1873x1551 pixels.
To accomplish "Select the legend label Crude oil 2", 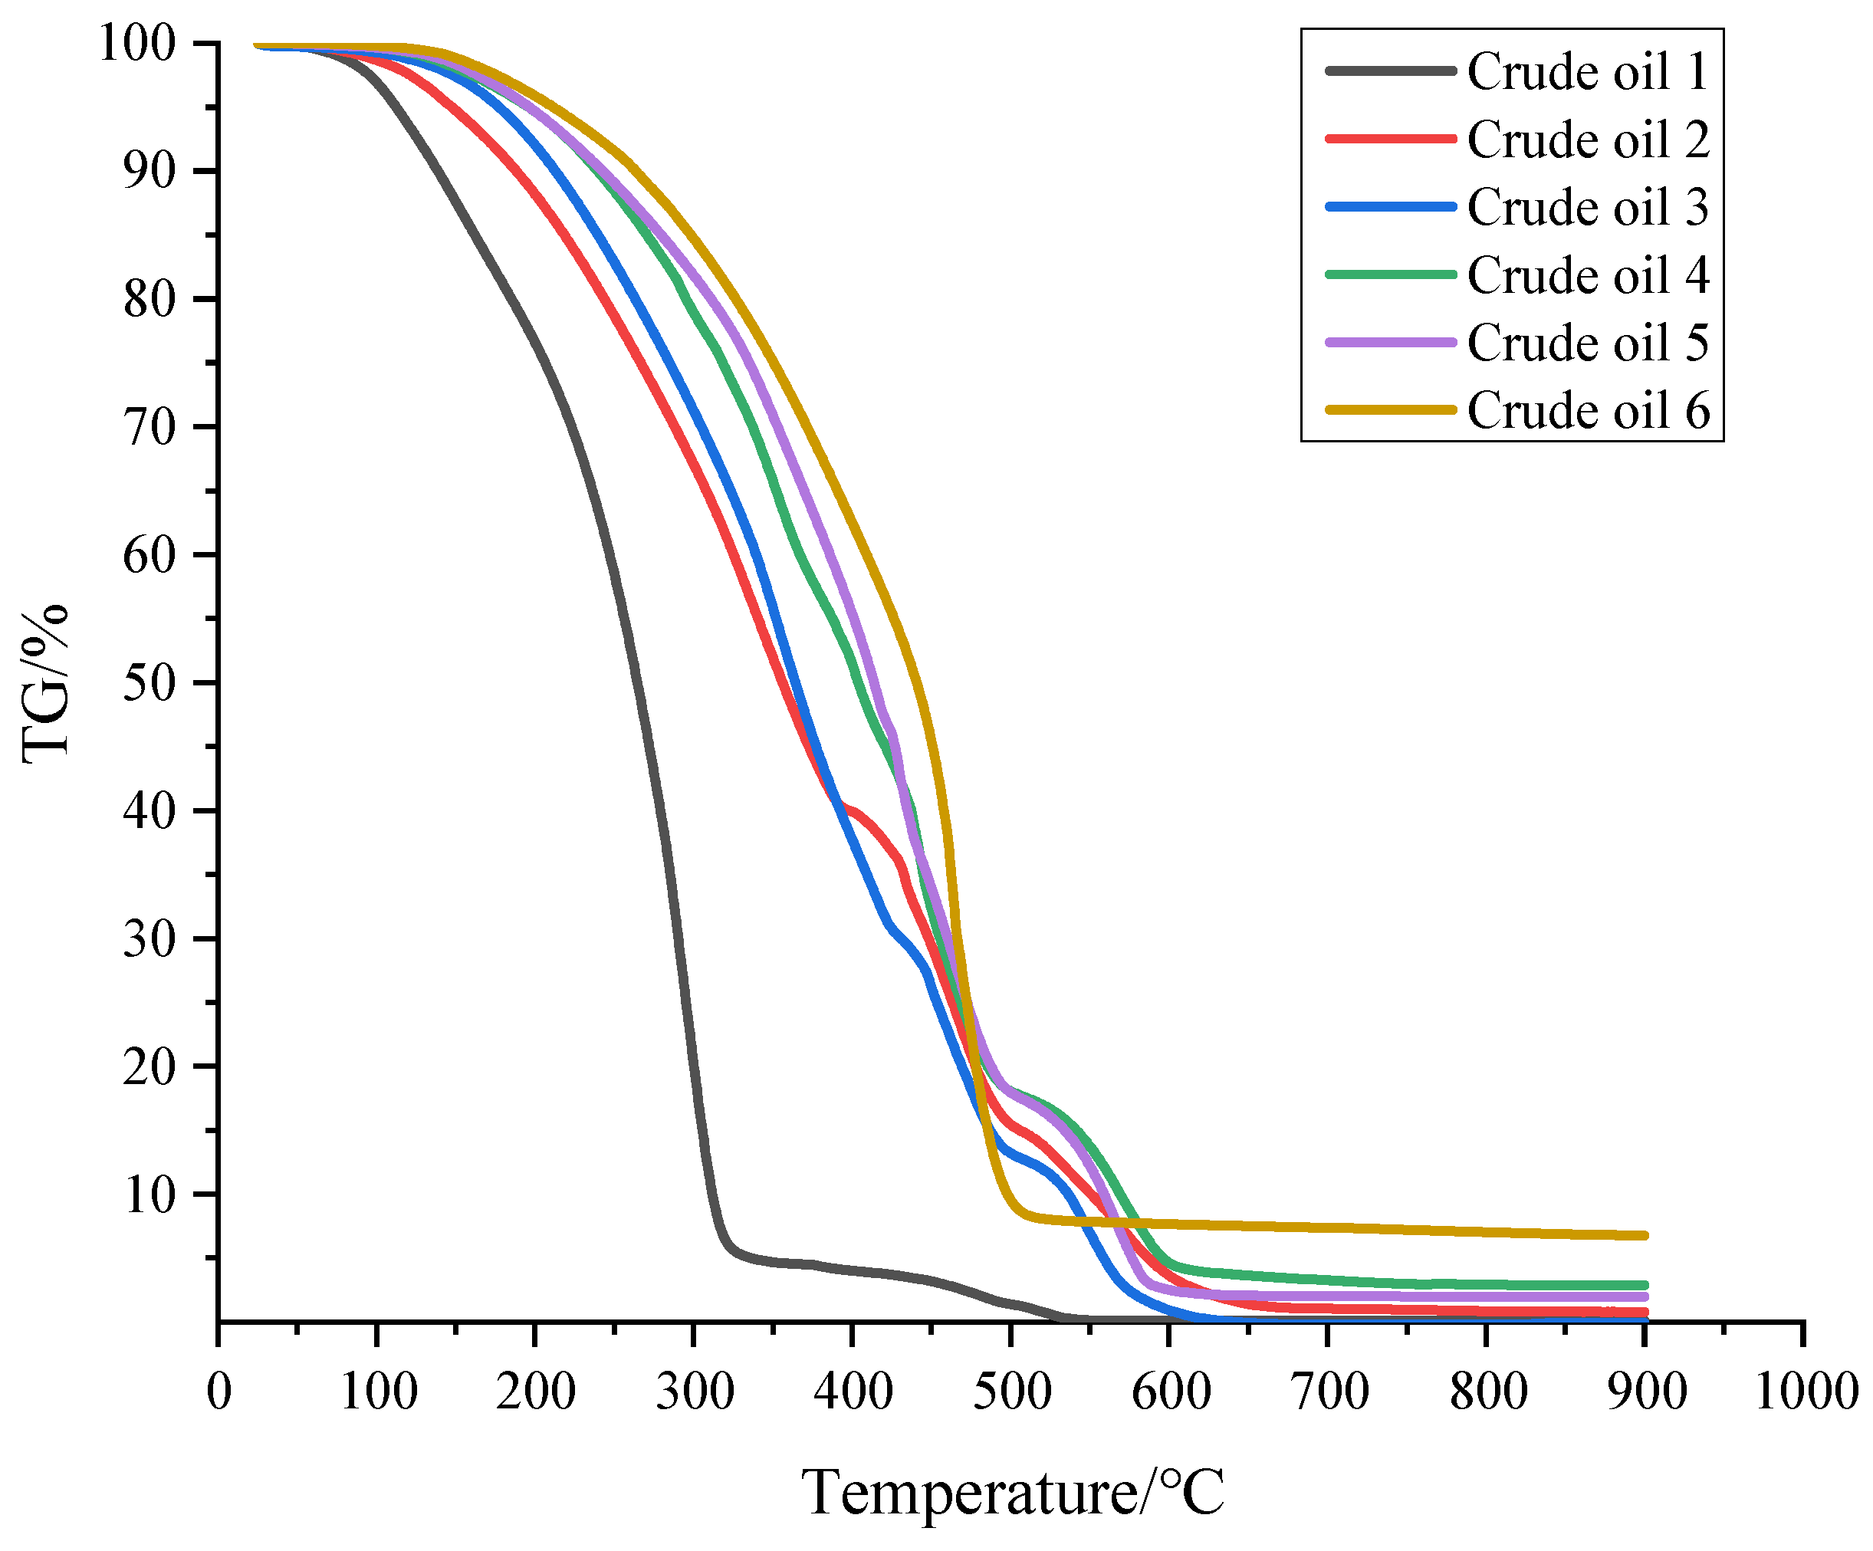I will tap(1588, 140).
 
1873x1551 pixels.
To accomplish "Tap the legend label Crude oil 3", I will tap(1588, 208).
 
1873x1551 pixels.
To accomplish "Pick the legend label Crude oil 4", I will tap(1588, 274).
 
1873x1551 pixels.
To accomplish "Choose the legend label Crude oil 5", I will tap(1588, 343).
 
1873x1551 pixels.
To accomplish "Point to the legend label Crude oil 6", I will tap(1588, 410).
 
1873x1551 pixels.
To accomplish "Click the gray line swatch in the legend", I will tap(1391, 71).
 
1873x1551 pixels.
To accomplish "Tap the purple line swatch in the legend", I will tap(1391, 343).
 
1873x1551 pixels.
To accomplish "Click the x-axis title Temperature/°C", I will tap(1012, 1492).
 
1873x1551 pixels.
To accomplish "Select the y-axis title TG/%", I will tap(44, 683).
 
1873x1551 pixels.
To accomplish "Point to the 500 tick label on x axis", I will tap(1011, 1392).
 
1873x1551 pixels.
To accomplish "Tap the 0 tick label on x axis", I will tap(219, 1392).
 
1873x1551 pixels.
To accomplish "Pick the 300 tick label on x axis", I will tap(695, 1392).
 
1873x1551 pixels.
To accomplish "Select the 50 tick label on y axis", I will tap(149, 683).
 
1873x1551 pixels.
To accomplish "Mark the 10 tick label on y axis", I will tap(149, 1195).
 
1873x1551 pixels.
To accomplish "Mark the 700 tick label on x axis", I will tap(1329, 1392).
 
